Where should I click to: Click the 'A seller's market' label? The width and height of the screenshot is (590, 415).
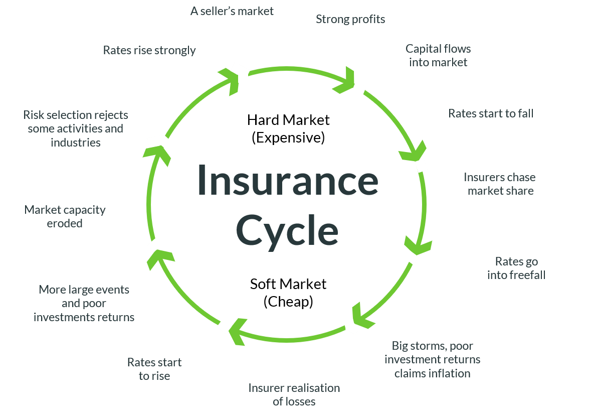pyautogui.click(x=232, y=11)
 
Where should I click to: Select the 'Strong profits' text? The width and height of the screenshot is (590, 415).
pyautogui.click(x=350, y=20)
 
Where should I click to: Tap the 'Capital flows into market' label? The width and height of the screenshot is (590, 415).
pyautogui.click(x=438, y=56)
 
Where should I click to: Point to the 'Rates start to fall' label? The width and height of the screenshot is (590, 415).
pyautogui.click(x=491, y=113)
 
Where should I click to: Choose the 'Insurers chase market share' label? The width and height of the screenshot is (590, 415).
pyautogui.click(x=500, y=184)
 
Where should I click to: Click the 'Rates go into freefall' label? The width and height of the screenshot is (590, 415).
pyautogui.click(x=516, y=268)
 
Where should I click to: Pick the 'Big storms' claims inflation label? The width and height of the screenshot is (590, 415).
pyautogui.click(x=432, y=359)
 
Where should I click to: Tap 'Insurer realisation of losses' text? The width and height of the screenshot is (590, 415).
pyautogui.click(x=294, y=394)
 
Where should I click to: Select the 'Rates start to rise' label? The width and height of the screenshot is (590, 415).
pyautogui.click(x=154, y=369)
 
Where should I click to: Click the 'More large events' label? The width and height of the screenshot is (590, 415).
pyautogui.click(x=84, y=303)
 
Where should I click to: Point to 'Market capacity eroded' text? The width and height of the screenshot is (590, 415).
pyautogui.click(x=65, y=216)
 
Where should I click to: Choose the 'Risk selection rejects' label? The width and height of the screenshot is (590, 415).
pyautogui.click(x=76, y=128)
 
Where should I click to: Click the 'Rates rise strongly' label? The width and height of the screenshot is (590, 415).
pyautogui.click(x=149, y=50)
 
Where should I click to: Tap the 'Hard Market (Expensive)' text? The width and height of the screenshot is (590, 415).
pyautogui.click(x=288, y=128)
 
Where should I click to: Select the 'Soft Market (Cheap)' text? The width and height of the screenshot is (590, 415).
pyautogui.click(x=288, y=293)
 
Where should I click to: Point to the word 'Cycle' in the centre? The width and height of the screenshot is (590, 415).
pyautogui.click(x=287, y=230)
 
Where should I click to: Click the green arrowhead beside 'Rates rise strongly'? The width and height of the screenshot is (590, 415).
pyautogui.click(x=230, y=78)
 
